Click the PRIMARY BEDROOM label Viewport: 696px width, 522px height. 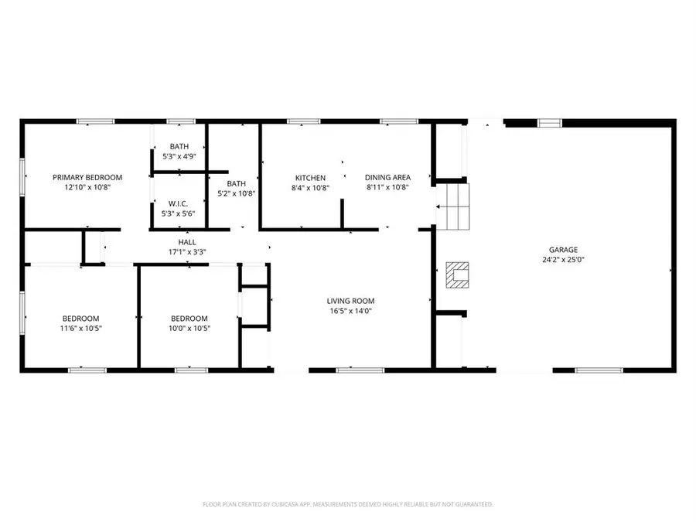(x=87, y=177)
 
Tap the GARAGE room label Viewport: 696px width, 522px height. (x=563, y=250)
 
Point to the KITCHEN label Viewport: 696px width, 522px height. (x=308, y=177)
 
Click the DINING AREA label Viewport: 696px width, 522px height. (x=387, y=177)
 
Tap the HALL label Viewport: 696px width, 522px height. (x=187, y=242)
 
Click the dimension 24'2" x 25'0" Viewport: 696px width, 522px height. (x=563, y=260)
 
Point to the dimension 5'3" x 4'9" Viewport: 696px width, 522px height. (x=179, y=156)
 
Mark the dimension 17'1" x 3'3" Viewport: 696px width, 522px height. (x=187, y=251)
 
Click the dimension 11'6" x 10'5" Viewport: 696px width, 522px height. (x=81, y=328)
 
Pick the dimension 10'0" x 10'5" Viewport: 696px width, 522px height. (x=189, y=328)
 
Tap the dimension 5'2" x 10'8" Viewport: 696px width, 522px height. (x=236, y=193)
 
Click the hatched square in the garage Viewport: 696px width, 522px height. (x=458, y=274)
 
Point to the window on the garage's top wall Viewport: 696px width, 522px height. (x=550, y=122)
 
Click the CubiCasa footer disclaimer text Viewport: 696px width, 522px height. (x=348, y=504)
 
